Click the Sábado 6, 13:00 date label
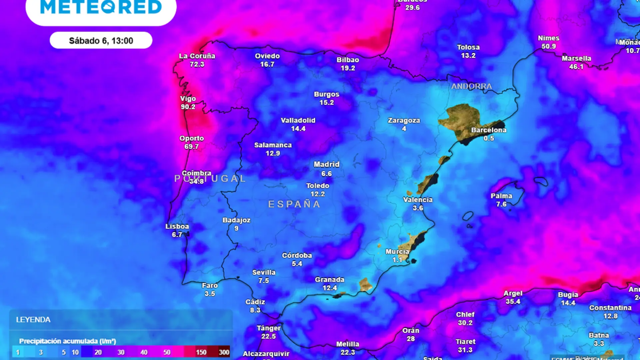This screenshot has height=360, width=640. pos(101,41)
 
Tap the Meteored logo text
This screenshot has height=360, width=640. pos(101,7)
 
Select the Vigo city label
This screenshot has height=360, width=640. pos(188,99)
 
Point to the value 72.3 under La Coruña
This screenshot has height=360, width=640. pos(197,64)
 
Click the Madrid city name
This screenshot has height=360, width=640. pos(327,164)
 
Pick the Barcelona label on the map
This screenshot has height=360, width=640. pos(489,130)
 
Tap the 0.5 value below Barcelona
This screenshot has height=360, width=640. pos(489,138)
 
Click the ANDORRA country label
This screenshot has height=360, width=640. pos(472,86)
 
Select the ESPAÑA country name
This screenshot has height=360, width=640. pos(294,204)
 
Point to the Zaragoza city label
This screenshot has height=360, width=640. pos(404,120)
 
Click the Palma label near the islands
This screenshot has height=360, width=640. pos(501,196)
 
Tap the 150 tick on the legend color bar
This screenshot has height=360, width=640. pos(201,352)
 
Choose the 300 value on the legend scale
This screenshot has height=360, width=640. pos(224,352)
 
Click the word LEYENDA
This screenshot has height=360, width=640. pos(33,320)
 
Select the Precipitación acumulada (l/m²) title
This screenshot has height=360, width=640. pos(68,341)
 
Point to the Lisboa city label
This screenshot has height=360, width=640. pos(177,226)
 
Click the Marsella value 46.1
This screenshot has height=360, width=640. pos(576,67)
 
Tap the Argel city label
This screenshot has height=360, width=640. pos(513,293)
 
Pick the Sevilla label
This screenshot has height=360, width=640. pos(264,272)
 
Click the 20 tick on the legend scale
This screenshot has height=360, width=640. pos(98,352)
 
